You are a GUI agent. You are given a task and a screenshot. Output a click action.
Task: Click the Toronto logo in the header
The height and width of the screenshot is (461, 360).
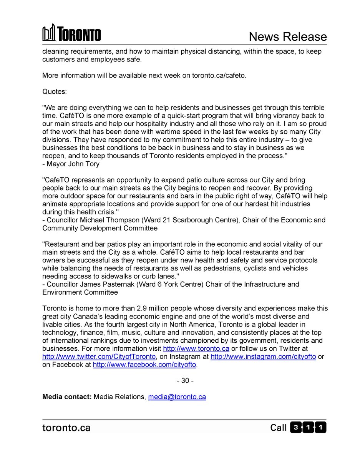click(x=71, y=33)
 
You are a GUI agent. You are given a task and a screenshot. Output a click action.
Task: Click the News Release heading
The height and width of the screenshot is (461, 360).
click(x=288, y=36)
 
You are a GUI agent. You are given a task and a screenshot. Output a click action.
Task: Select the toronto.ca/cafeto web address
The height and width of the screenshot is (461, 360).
click(x=214, y=75)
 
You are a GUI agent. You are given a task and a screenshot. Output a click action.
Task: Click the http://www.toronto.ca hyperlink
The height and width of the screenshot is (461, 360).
click(x=196, y=348)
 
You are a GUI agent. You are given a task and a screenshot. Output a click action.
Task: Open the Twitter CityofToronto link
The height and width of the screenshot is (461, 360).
click(x=99, y=357)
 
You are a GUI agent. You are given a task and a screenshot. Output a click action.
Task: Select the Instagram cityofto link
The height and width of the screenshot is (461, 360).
click(x=263, y=357)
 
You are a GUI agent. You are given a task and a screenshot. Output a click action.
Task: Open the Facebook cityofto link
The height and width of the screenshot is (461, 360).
click(x=144, y=365)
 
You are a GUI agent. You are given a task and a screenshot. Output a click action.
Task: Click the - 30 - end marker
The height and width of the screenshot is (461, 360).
click(x=185, y=381)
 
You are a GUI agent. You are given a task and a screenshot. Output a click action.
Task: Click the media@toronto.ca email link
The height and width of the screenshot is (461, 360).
click(x=177, y=397)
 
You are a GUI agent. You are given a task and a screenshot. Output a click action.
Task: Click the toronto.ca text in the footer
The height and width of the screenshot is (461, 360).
click(x=66, y=428)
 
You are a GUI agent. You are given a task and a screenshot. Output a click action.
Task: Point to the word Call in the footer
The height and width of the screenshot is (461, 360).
click(x=278, y=428)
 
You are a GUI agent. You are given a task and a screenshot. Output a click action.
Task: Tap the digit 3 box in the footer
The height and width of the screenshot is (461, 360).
click(x=295, y=428)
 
